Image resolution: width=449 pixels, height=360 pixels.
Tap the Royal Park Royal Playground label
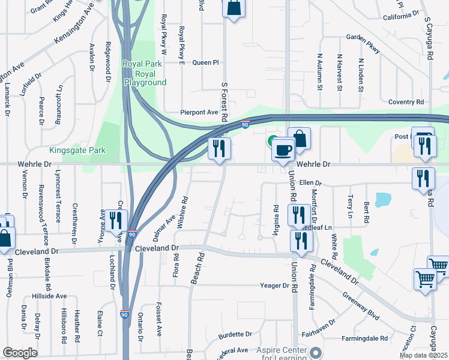point(145,73)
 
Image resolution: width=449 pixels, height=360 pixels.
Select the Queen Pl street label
point(205,62)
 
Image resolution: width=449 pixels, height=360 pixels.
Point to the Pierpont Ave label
point(199,112)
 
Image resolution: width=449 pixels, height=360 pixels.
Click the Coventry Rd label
point(406,102)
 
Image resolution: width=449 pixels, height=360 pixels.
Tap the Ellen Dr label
point(311,182)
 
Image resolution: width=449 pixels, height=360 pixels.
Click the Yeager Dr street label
point(275,286)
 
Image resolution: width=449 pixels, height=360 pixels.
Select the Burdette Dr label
point(235,334)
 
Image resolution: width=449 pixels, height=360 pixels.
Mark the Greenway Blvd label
point(361,307)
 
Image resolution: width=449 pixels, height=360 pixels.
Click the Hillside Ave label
point(49,296)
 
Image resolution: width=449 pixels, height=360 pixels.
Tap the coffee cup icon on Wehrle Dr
point(283,150)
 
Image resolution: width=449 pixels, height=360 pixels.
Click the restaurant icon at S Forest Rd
point(219,148)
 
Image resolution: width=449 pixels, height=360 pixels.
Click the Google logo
point(20,353)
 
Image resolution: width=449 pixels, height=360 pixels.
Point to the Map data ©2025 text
point(423,355)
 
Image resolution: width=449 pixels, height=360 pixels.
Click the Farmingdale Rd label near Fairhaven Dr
point(365,338)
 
